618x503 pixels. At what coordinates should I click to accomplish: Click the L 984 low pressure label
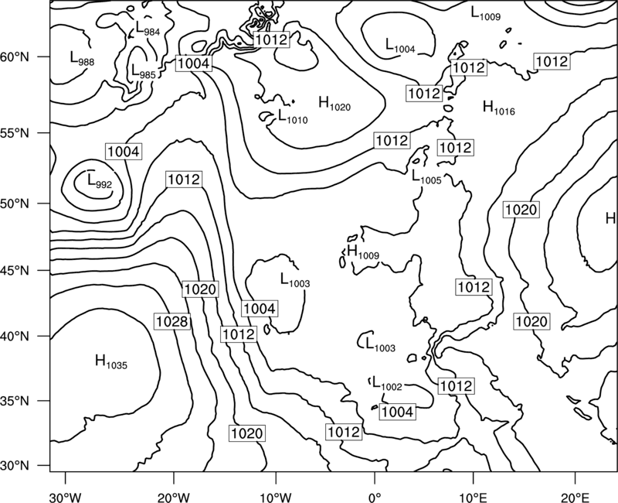coord(148,29)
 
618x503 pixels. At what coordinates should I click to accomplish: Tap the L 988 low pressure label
coord(82,59)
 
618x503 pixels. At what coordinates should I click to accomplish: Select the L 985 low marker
coord(143,72)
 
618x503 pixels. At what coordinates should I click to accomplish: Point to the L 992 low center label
coord(100,182)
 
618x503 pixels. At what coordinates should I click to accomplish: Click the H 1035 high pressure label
coord(111,362)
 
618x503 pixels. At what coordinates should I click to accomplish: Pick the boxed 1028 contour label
coord(171,321)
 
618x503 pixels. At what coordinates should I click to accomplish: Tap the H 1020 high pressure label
coord(334,104)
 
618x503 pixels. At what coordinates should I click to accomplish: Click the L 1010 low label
coord(293,117)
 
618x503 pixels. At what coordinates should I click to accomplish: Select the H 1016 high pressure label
coord(499,108)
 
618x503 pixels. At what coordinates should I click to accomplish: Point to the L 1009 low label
coord(486,14)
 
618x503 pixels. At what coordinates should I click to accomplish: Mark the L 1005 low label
coord(426,178)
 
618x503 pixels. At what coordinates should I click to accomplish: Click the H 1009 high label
coord(363,252)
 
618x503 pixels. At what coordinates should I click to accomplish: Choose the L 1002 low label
coord(388,384)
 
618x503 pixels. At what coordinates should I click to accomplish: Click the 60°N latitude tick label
coord(15,57)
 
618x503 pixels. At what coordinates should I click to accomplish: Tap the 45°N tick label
coord(15,271)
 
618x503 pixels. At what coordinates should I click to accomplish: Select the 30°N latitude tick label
coord(15,466)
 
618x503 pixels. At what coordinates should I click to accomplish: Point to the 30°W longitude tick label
coord(66,497)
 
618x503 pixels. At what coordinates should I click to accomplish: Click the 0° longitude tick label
coord(374,497)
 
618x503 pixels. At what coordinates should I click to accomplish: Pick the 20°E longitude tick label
coord(575,497)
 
